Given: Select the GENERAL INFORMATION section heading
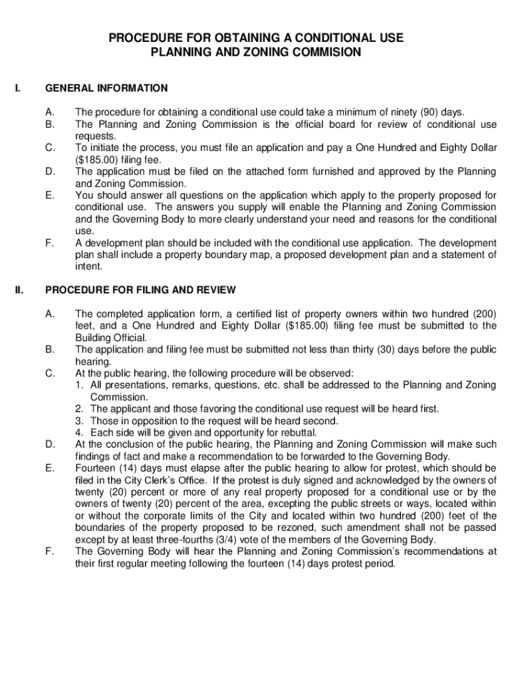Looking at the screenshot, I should pyautogui.click(x=106, y=88).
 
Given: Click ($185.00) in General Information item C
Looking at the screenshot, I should pyautogui.click(x=96, y=160).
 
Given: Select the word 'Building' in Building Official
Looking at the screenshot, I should pyautogui.click(x=93, y=337).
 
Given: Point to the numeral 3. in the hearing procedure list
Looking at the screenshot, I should pyautogui.click(x=79, y=421).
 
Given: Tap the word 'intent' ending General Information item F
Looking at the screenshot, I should pyautogui.click(x=88, y=266).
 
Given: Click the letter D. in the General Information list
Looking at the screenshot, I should pyautogui.click(x=49, y=172).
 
